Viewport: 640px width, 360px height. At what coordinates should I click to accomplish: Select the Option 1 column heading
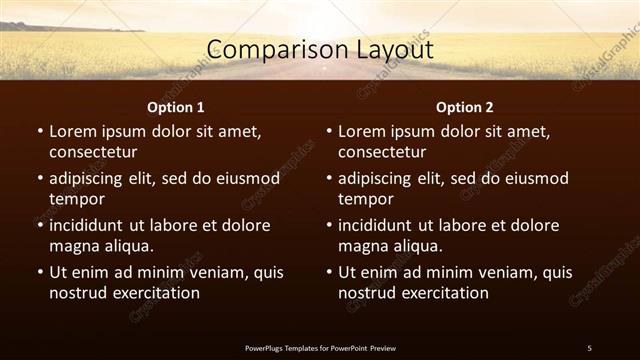(x=176, y=107)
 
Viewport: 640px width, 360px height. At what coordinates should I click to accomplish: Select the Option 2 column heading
(x=465, y=107)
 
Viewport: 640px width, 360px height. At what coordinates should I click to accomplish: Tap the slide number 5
(x=589, y=348)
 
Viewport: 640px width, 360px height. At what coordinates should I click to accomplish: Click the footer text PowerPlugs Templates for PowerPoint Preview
(x=320, y=348)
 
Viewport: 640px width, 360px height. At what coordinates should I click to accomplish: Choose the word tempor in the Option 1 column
(x=75, y=200)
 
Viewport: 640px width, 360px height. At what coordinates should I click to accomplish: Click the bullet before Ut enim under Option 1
(x=39, y=272)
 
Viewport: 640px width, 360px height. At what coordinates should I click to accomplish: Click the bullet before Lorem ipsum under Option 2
(x=328, y=131)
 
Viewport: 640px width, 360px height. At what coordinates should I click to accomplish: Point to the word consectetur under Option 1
(x=93, y=152)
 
